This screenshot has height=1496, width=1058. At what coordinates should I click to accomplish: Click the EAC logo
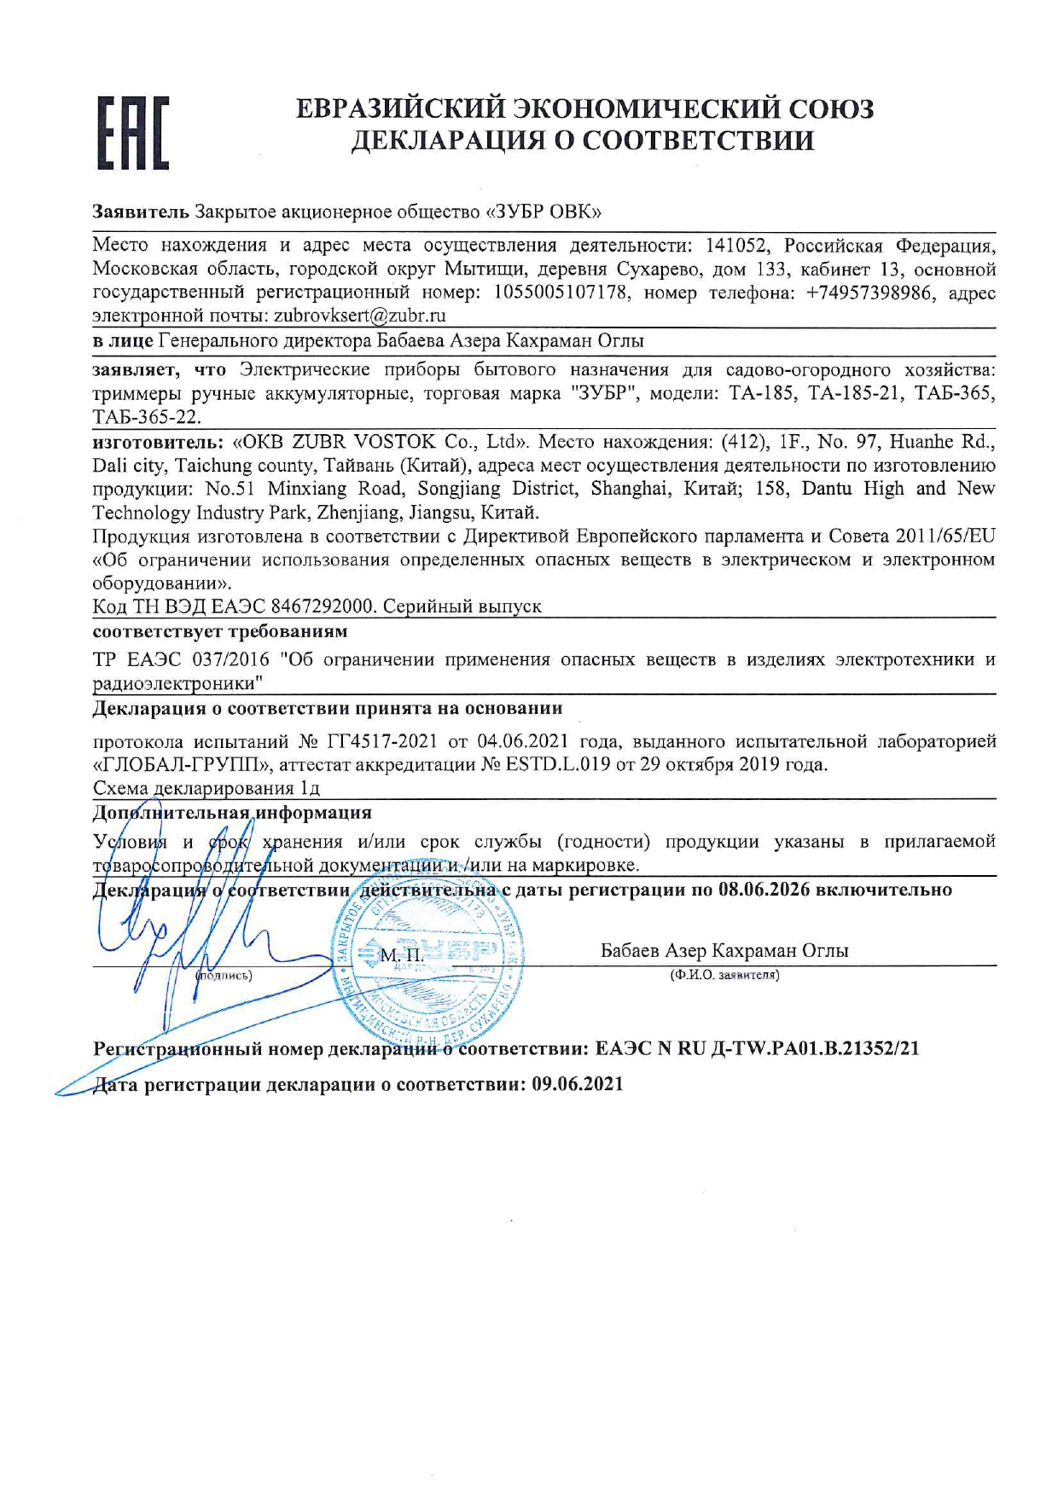pyautogui.click(x=132, y=133)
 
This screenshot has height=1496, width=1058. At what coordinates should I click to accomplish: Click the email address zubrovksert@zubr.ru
pyautogui.click(x=359, y=316)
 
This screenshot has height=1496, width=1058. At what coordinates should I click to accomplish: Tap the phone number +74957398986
pyautogui.click(x=868, y=293)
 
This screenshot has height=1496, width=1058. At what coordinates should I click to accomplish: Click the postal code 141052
pyautogui.click(x=738, y=246)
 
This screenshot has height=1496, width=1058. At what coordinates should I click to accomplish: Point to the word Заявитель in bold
pyautogui.click(x=140, y=211)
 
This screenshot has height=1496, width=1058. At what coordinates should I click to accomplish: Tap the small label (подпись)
pyautogui.click(x=224, y=975)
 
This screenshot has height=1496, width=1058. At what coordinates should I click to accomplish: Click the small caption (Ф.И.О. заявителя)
pyautogui.click(x=724, y=974)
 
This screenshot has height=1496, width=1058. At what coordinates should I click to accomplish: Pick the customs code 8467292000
pyautogui.click(x=323, y=606)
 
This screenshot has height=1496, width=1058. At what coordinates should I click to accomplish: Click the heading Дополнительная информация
pyautogui.click(x=232, y=812)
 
